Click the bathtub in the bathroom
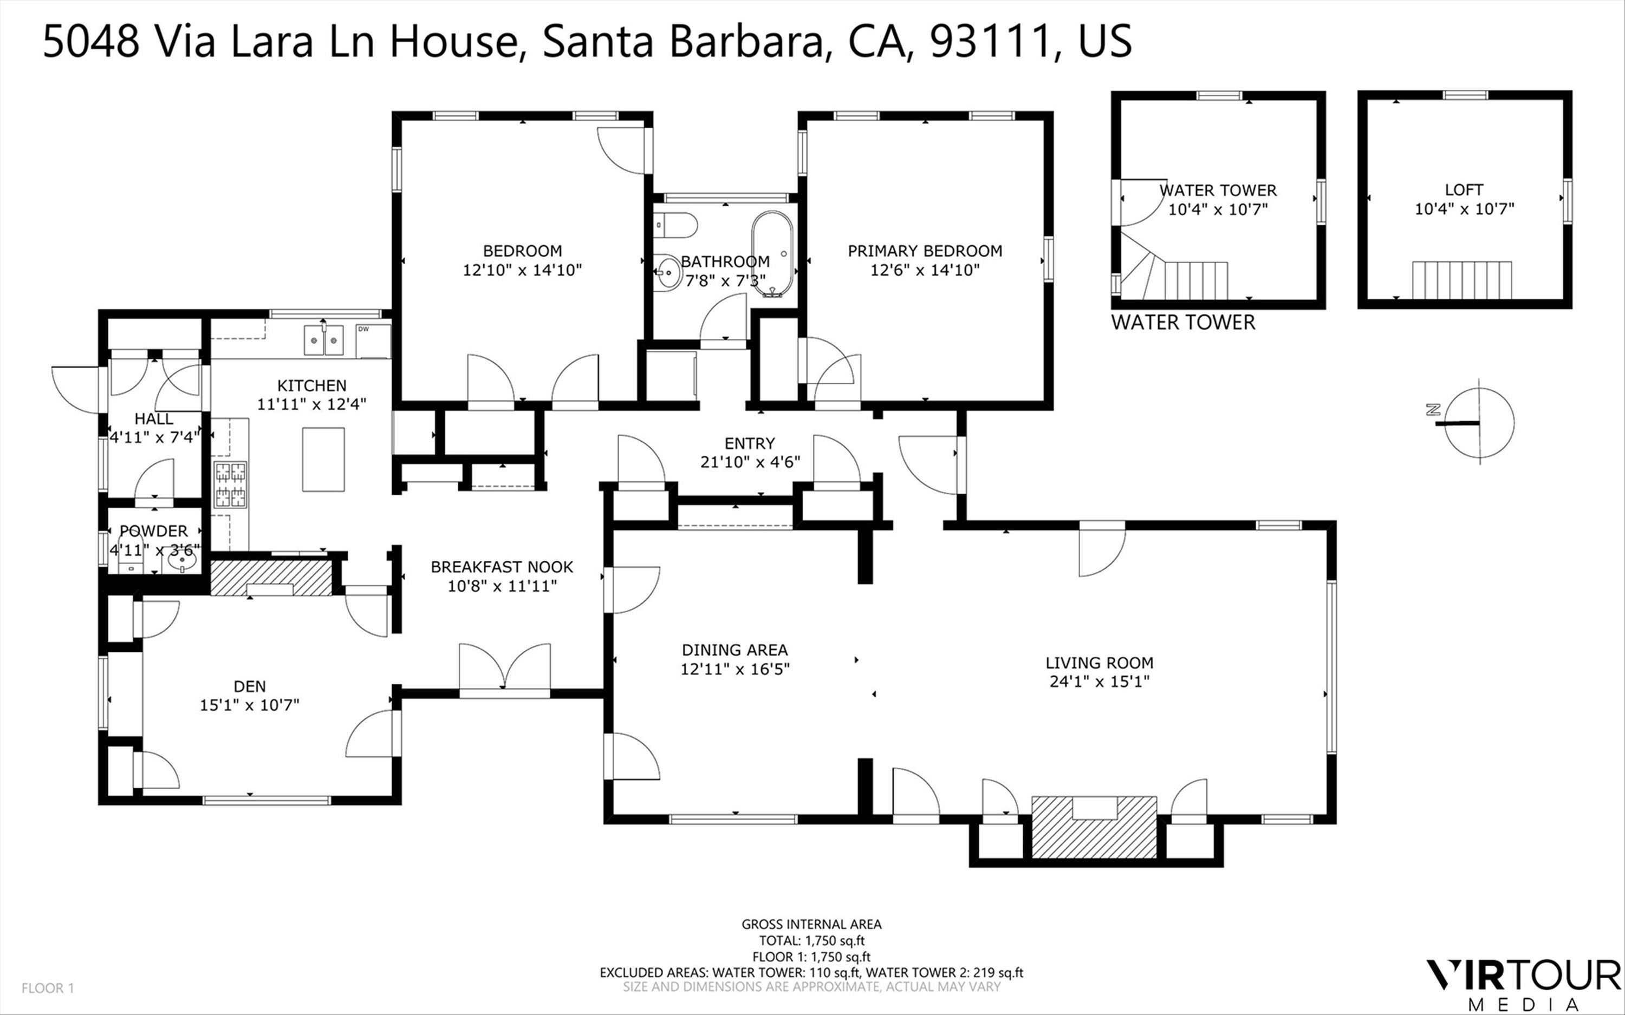772,254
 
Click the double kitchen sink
324,339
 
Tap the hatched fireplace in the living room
1094,827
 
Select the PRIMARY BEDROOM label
925,251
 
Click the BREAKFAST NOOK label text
502,567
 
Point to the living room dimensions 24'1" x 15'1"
1099,682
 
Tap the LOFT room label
1464,190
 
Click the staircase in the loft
1462,280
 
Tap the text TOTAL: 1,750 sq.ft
811,940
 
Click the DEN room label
250,686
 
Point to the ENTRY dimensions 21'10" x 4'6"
750,462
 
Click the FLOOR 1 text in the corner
48,988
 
